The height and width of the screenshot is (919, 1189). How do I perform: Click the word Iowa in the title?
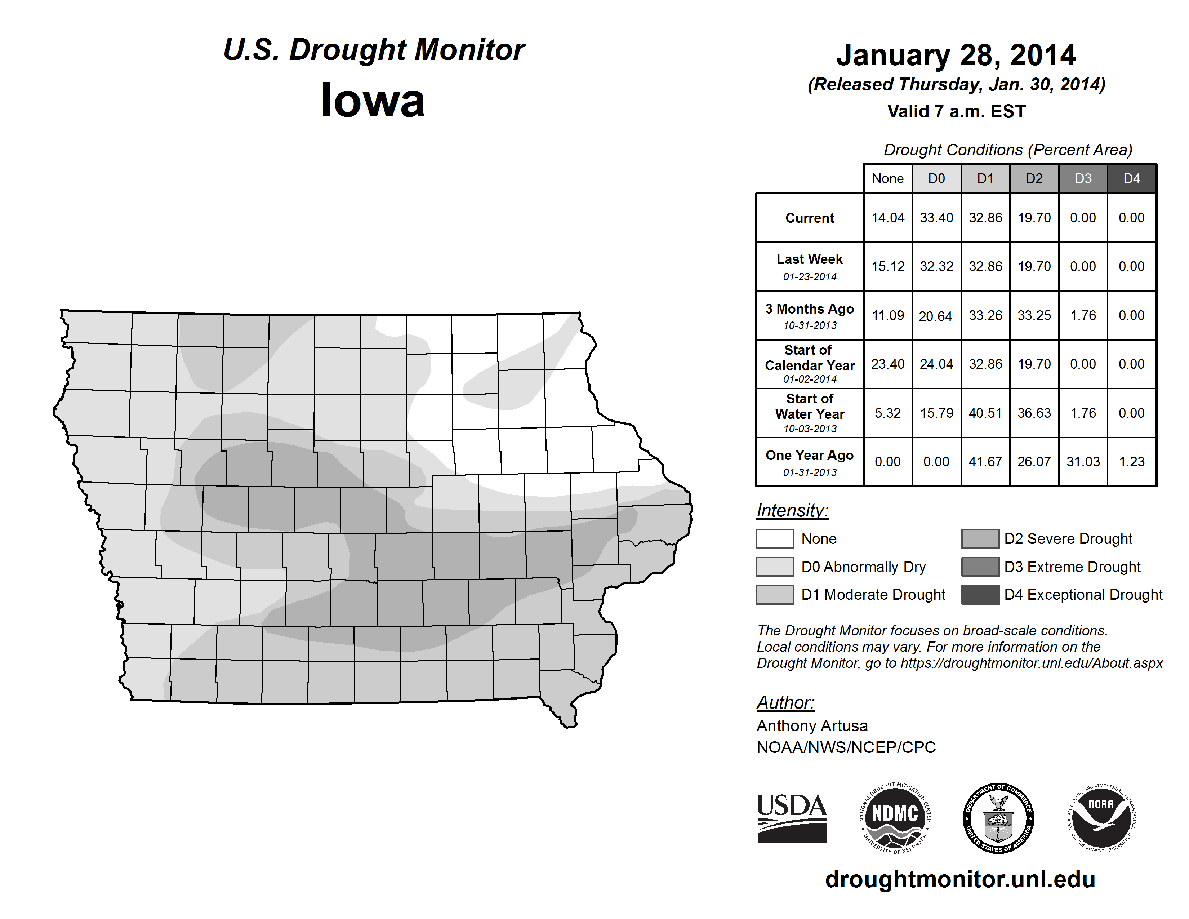pyautogui.click(x=373, y=101)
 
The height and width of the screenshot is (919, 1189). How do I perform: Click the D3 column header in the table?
pyautogui.click(x=1083, y=178)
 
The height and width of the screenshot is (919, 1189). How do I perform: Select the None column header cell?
pyautogui.click(x=887, y=178)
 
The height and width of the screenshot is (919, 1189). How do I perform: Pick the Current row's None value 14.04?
pyautogui.click(x=887, y=218)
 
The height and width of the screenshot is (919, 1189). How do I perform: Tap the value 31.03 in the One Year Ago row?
pyautogui.click(x=1083, y=462)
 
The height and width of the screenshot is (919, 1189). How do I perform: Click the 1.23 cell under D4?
pyautogui.click(x=1131, y=462)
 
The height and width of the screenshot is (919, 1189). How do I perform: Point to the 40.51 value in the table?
pyautogui.click(x=985, y=413)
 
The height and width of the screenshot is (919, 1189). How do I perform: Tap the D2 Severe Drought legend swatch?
pyautogui.click(x=980, y=538)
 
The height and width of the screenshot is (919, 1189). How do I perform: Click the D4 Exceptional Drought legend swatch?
pyautogui.click(x=980, y=595)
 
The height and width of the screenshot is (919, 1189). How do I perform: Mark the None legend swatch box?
pyautogui.click(x=775, y=538)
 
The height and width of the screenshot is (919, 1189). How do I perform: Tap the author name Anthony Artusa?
pyautogui.click(x=812, y=726)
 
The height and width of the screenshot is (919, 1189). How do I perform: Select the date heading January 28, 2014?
pyautogui.click(x=956, y=55)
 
